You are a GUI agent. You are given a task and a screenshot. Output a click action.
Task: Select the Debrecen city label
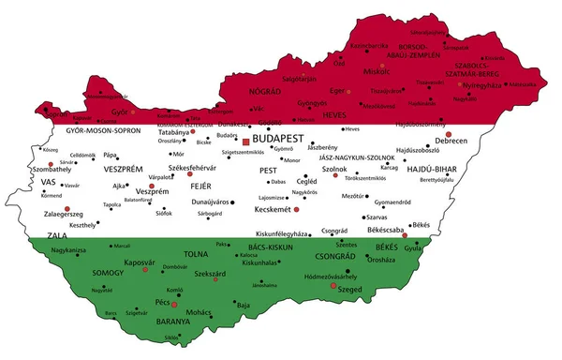click(x=451, y=141)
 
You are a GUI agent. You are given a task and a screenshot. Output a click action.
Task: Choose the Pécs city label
click(x=161, y=306)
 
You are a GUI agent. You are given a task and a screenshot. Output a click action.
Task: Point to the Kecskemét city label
click(x=276, y=210)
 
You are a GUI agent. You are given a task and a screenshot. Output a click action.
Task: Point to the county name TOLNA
click(x=197, y=253)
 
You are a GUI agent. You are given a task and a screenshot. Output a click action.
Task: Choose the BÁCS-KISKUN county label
click(x=264, y=247)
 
